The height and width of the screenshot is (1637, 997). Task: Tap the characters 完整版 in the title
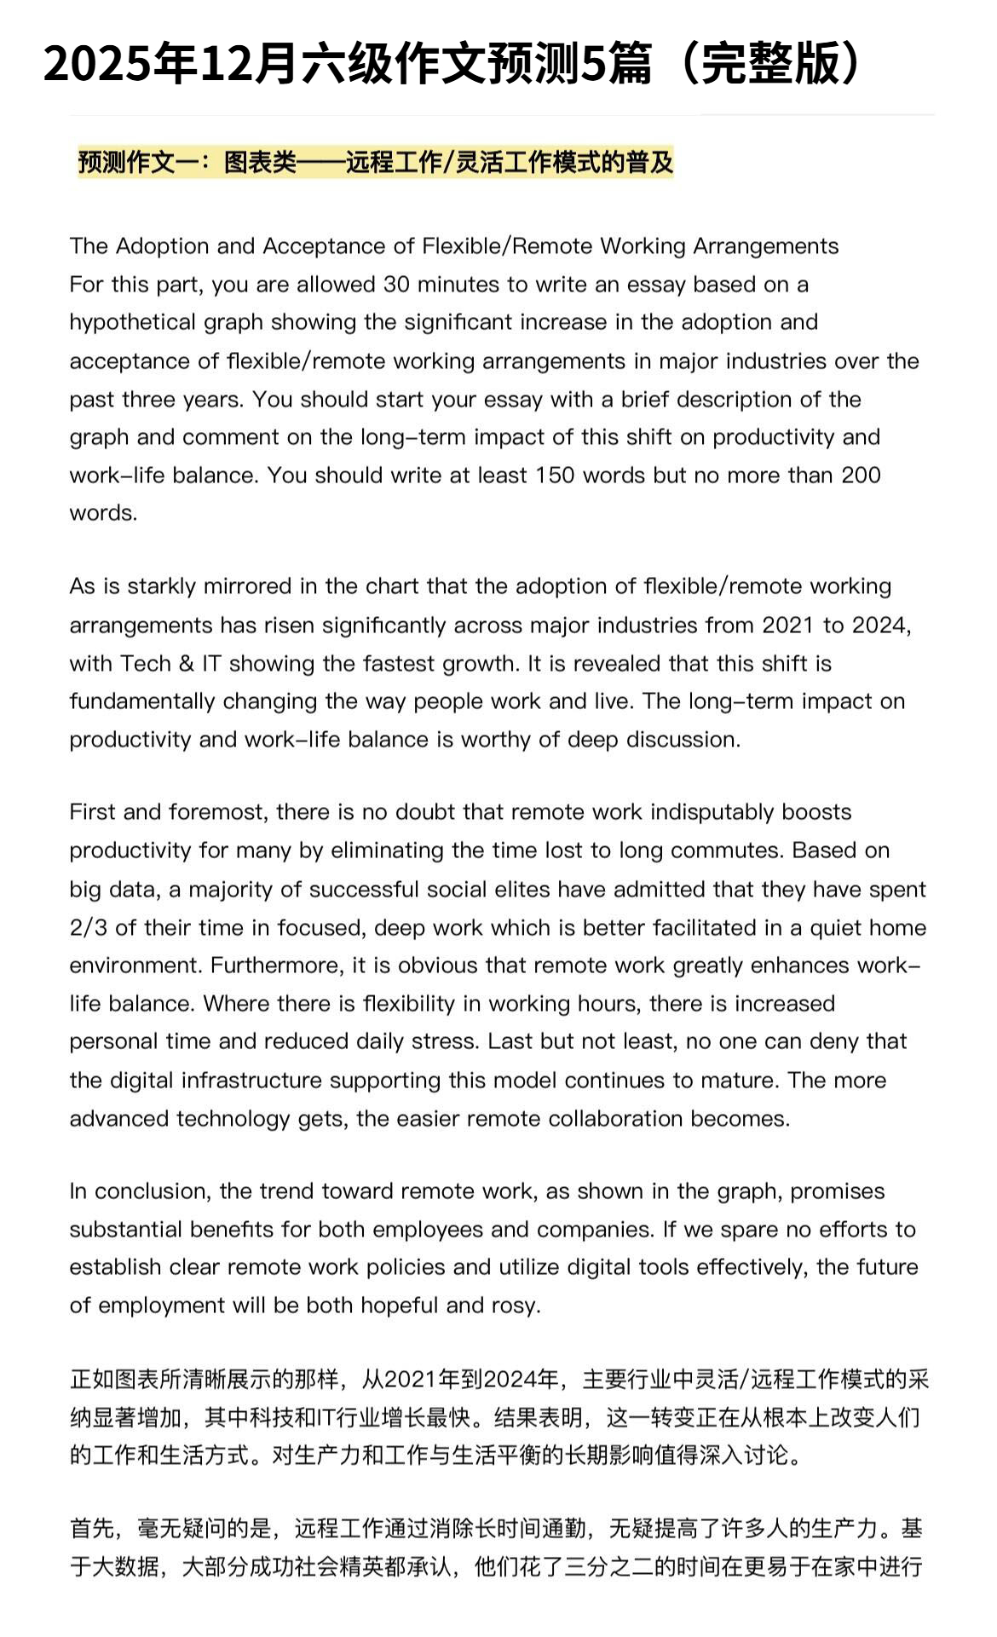click(x=766, y=63)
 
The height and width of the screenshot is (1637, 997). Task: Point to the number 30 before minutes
click(x=396, y=285)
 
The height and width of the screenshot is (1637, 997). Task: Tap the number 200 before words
click(x=861, y=476)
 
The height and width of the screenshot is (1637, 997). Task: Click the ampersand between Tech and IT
click(x=186, y=664)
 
